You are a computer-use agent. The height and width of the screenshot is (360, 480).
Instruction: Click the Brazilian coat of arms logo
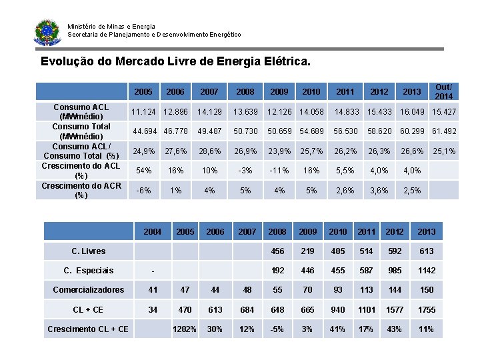pyautogui.click(x=47, y=31)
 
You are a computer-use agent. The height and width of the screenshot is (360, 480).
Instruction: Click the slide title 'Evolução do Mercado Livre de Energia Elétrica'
pyautogui.click(x=175, y=62)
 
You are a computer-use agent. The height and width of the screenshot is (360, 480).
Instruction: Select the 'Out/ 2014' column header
pyautogui.click(x=443, y=91)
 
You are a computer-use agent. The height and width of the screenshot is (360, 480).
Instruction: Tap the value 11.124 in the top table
pyautogui.click(x=143, y=111)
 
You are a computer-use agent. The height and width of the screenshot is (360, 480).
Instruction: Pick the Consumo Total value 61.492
pyautogui.click(x=444, y=131)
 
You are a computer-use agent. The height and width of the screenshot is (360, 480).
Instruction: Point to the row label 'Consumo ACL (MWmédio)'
pyautogui.click(x=81, y=112)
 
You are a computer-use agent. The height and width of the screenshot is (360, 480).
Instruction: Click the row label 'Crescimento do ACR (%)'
pyautogui.click(x=81, y=191)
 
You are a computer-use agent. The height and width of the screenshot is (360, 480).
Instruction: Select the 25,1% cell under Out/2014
pyautogui.click(x=444, y=151)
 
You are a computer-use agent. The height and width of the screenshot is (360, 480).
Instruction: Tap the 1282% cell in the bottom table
pyautogui.click(x=185, y=329)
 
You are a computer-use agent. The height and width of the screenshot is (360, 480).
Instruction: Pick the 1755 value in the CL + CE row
pyautogui.click(x=426, y=309)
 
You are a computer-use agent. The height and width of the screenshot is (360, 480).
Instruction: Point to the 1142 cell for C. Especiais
pyautogui.click(x=426, y=271)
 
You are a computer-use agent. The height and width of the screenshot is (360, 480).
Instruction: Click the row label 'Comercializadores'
pyautogui.click(x=89, y=290)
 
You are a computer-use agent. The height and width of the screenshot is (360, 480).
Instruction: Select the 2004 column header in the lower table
pyautogui.click(x=153, y=232)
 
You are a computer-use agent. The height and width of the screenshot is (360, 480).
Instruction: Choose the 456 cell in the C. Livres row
pyautogui.click(x=277, y=251)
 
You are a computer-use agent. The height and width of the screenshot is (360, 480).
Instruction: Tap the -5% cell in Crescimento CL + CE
pyautogui.click(x=277, y=329)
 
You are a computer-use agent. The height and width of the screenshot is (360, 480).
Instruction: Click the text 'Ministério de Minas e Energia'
pyautogui.click(x=111, y=27)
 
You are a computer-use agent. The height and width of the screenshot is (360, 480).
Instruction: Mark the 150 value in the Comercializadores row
pyautogui.click(x=426, y=290)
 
